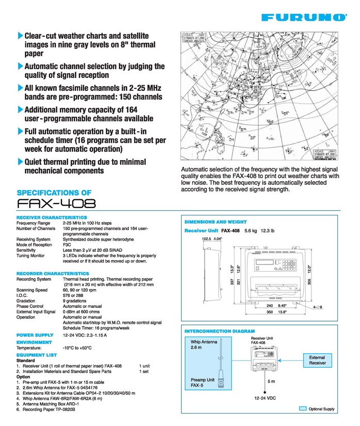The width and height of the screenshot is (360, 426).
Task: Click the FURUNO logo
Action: point(304,18)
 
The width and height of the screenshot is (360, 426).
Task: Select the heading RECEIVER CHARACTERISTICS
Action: point(52,217)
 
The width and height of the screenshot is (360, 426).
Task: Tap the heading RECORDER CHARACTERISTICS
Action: point(53,273)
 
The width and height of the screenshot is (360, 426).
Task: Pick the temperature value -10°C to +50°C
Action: point(77,348)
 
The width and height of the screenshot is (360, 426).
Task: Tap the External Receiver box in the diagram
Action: point(317,360)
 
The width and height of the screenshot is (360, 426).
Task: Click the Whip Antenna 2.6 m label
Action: point(203,344)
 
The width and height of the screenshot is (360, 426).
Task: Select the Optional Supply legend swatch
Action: point(303,408)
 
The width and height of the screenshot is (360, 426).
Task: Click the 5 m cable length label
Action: point(271,381)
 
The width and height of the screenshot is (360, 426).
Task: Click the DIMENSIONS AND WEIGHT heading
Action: point(220,222)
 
